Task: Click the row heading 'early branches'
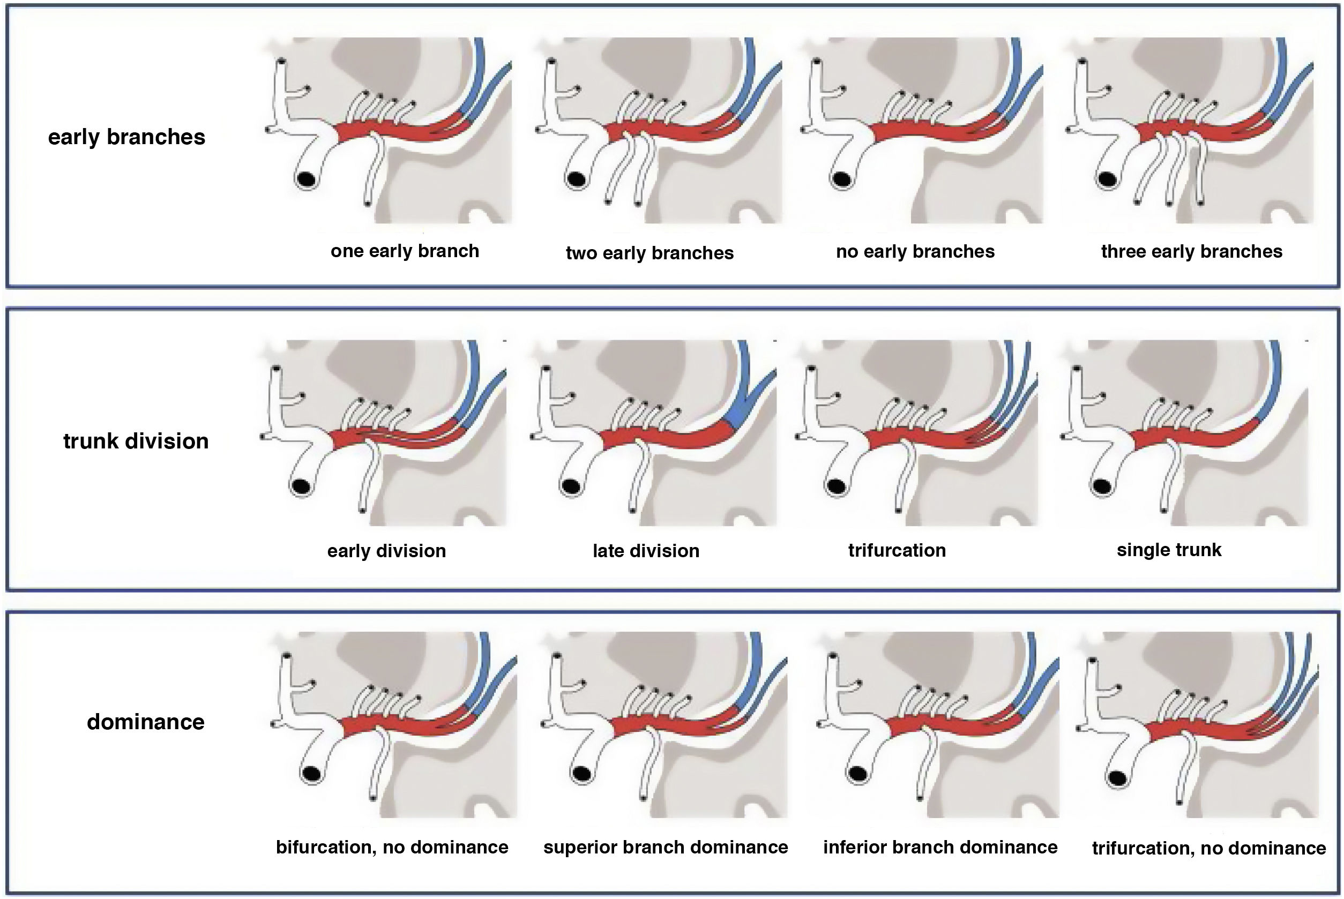pos(126,138)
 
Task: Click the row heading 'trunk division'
pos(136,441)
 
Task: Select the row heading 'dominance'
pos(146,722)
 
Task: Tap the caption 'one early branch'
pos(405,251)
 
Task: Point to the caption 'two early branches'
pos(649,253)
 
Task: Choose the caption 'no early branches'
pos(915,252)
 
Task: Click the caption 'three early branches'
pos(1191,252)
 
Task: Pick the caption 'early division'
pos(386,551)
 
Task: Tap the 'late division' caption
pos(646,551)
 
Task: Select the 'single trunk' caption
pos(1169,550)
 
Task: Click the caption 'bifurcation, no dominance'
pos(392,847)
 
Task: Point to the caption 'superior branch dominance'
pos(666,847)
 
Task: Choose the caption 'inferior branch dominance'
pos(940,847)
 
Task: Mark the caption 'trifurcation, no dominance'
pos(1208,848)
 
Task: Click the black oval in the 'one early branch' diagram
pos(308,179)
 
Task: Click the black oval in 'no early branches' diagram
pos(842,179)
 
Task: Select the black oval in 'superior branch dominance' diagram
pos(582,774)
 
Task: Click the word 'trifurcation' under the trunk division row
pos(897,550)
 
